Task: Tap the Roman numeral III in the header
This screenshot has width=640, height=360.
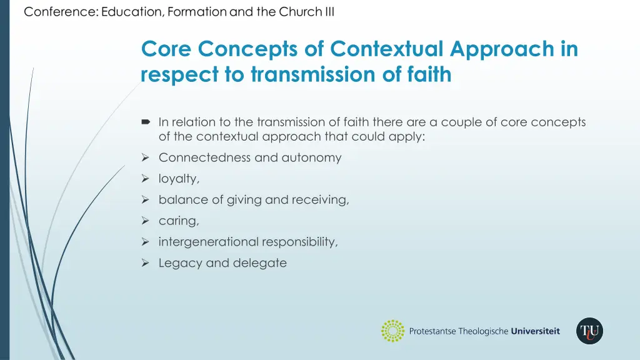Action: point(327,12)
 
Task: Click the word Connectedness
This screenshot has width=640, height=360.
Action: point(204,157)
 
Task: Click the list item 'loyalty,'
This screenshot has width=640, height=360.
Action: point(179,179)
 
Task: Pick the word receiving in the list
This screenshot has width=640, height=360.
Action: point(322,200)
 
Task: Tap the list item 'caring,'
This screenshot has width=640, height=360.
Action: point(177,221)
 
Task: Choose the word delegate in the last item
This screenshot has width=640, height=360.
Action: point(259,263)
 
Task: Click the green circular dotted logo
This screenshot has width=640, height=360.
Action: point(392,331)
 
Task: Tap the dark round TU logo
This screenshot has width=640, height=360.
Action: point(589,331)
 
